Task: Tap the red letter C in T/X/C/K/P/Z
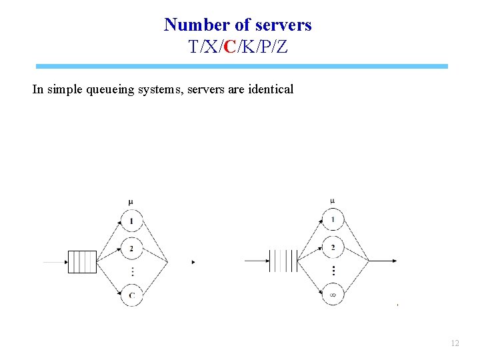tap(229, 47)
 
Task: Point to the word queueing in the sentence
tap(112, 89)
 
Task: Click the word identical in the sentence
tap(270, 89)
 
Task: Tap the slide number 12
tap(455, 343)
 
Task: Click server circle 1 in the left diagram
tap(132, 221)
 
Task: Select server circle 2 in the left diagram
tap(132, 248)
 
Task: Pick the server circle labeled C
tap(132, 295)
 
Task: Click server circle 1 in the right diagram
tap(333, 220)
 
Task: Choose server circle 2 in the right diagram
tap(333, 247)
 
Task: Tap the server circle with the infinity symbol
tap(333, 294)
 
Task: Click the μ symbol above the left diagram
tap(131, 202)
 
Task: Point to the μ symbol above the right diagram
tap(332, 201)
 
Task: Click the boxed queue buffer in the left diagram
tap(83, 262)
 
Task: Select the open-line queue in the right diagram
tap(282, 261)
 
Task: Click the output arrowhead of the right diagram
tap(396, 261)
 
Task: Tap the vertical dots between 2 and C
tap(132, 271)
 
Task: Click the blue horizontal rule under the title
tap(242, 67)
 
